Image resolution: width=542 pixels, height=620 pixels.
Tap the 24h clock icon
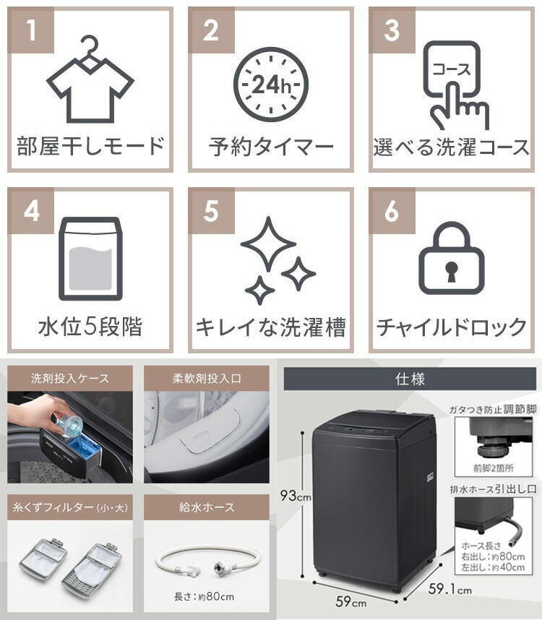pos(270,85)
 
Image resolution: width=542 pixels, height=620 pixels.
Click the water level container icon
pos(90,258)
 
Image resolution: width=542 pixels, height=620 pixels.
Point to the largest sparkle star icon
pos(267,243)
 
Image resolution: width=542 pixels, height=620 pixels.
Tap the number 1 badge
pos(31,31)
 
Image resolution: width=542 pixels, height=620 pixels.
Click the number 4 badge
pos(31,211)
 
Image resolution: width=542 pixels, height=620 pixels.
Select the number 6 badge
pos(392,211)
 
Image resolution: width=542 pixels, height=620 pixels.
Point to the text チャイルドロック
pos(451,327)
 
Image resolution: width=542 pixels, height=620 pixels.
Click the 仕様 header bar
pos(410,378)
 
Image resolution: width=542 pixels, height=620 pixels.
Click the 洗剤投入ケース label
pos(70,378)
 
